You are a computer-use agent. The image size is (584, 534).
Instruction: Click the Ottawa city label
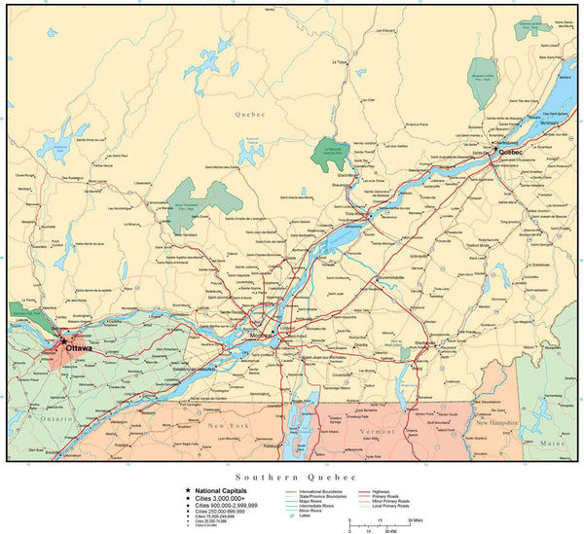[79, 348]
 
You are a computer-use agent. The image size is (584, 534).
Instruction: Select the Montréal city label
[261, 336]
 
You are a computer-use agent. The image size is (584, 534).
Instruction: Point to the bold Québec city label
[510, 153]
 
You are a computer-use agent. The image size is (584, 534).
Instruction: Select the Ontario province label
[58, 419]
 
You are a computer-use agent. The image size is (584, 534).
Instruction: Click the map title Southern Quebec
[292, 478]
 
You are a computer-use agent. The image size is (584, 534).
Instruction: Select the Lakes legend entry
[303, 516]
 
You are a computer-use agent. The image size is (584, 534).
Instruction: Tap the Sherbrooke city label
[424, 342]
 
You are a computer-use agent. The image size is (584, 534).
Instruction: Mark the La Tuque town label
[339, 61]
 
